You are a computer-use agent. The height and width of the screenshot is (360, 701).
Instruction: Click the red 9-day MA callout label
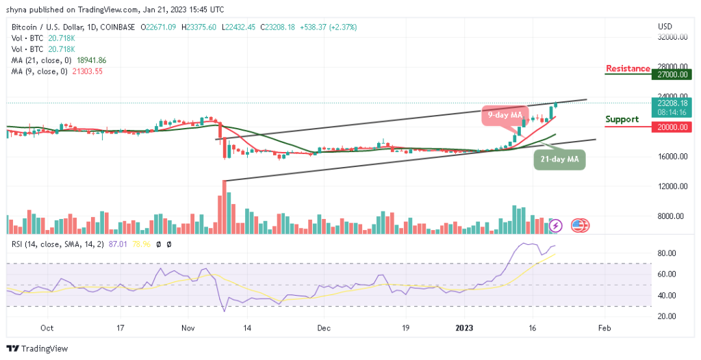(x=505, y=113)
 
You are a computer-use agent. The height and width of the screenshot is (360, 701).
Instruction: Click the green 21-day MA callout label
(x=559, y=159)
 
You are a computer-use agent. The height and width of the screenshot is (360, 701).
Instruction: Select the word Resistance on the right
(x=628, y=68)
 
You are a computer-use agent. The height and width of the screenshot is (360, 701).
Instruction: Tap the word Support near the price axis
(x=622, y=119)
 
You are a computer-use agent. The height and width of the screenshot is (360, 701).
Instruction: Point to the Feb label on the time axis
(x=603, y=329)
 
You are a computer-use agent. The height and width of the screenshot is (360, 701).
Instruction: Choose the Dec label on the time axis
(x=322, y=329)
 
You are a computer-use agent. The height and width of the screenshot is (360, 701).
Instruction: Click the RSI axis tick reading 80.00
(x=667, y=253)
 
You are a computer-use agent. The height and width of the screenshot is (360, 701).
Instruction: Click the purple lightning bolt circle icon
(x=556, y=225)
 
